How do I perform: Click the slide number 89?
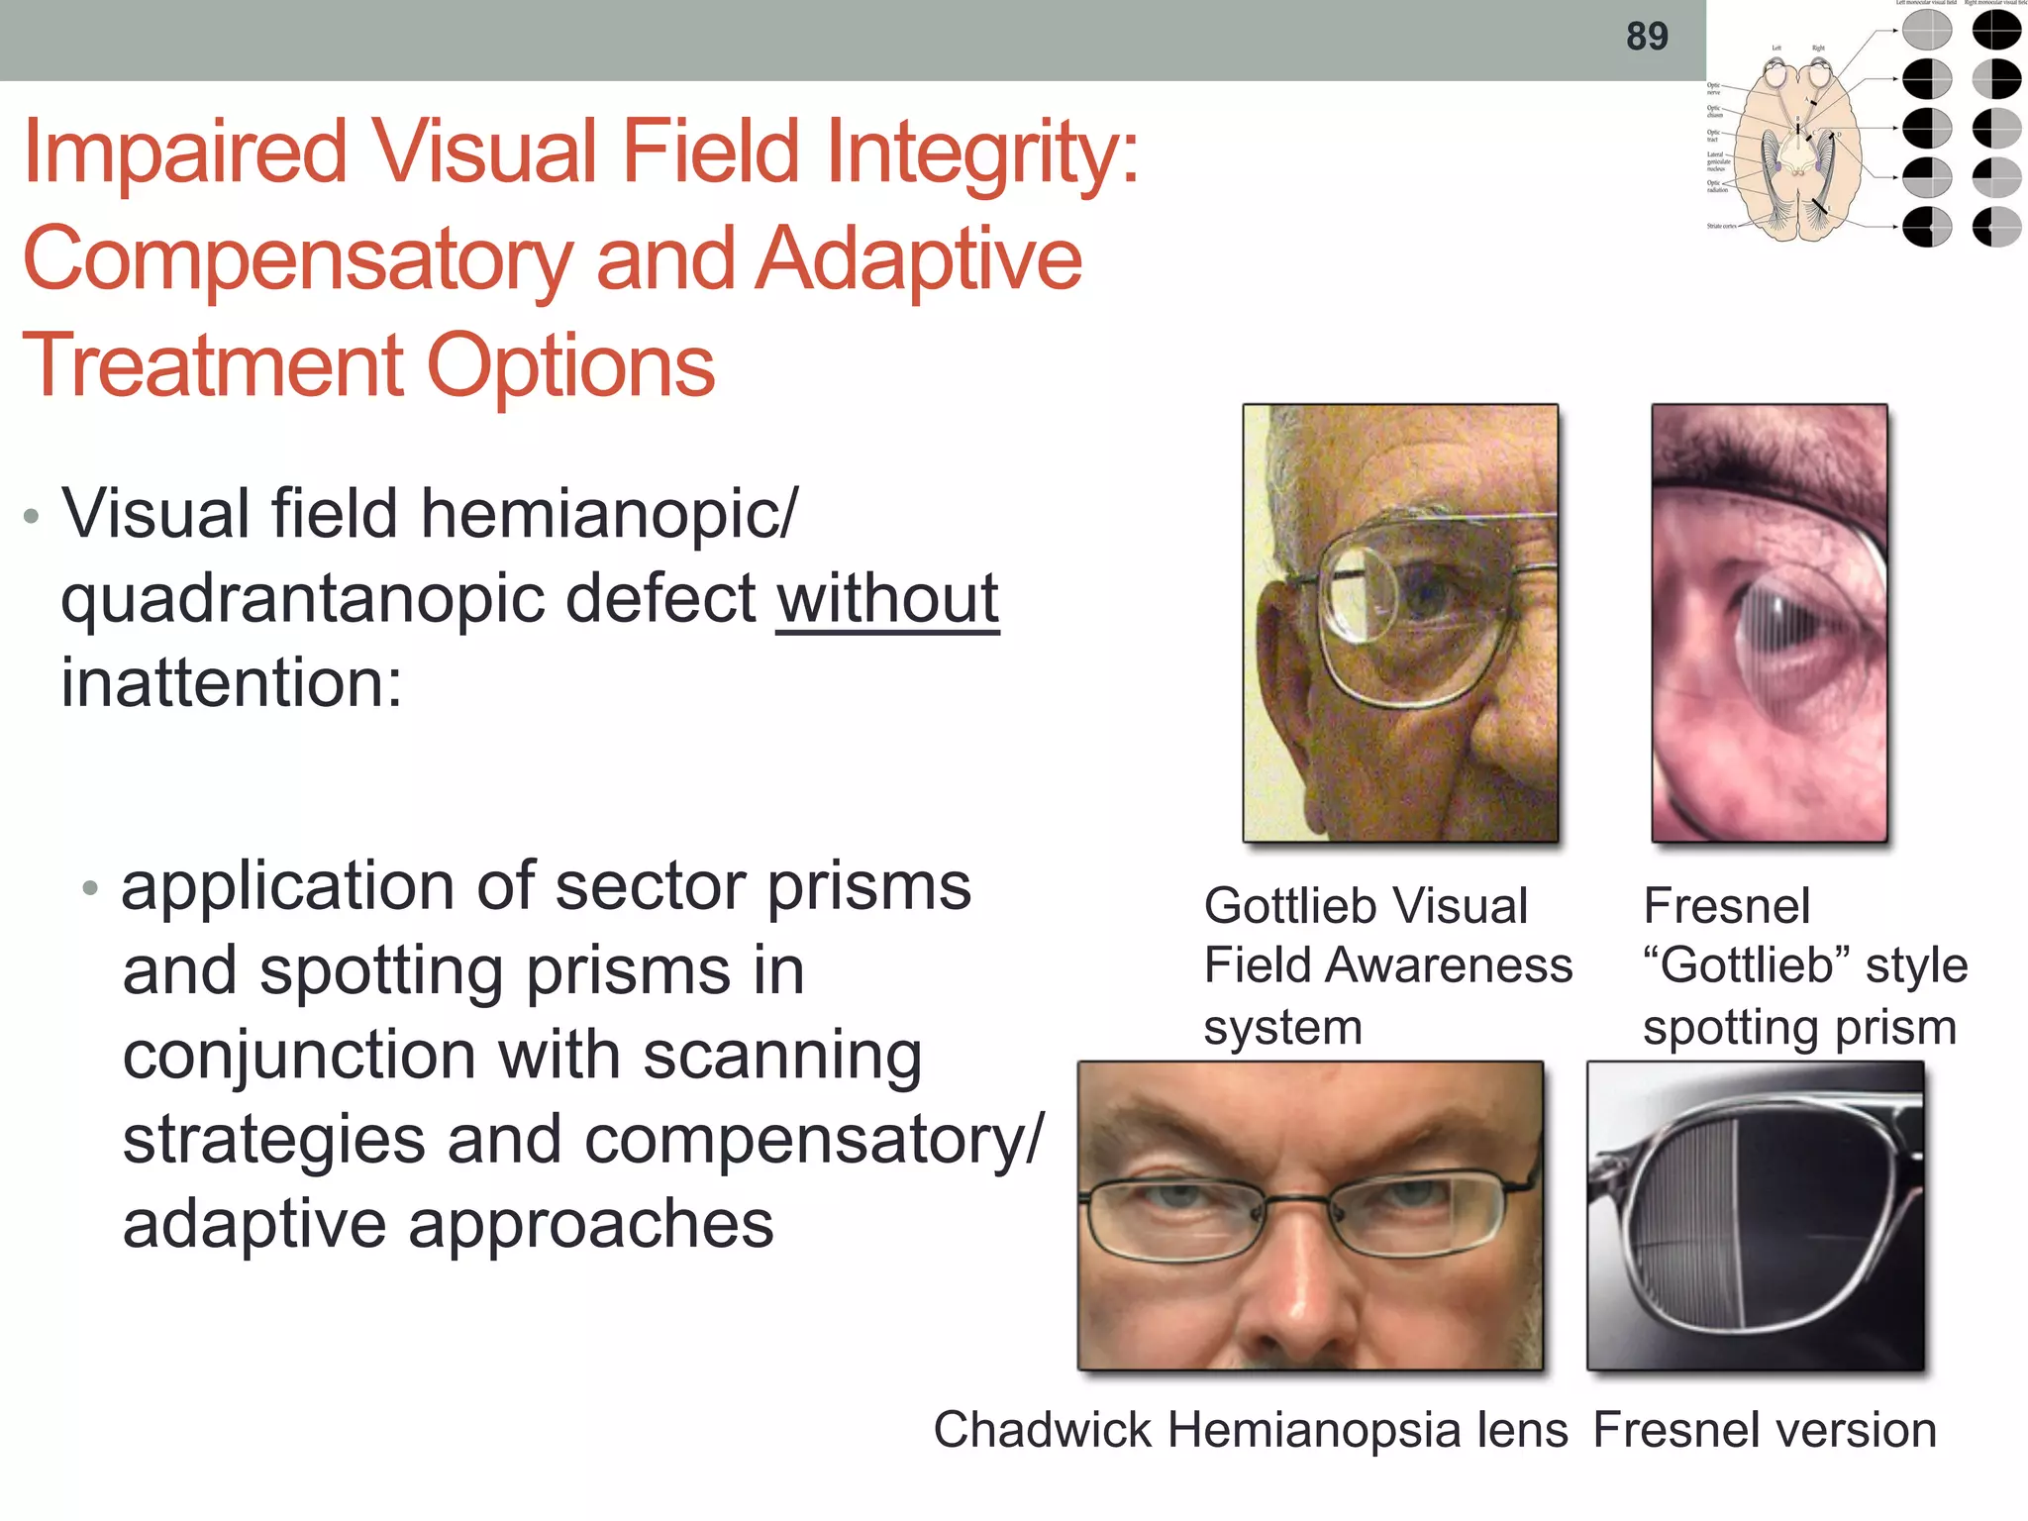pyautogui.click(x=1647, y=37)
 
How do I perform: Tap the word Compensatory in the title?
pyautogui.click(x=297, y=259)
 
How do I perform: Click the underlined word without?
pyautogui.click(x=887, y=599)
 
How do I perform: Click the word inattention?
pyautogui.click(x=232, y=683)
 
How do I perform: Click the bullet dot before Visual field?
pyautogui.click(x=32, y=516)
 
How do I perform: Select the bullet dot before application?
pyautogui.click(x=91, y=887)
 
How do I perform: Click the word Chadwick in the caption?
pyautogui.click(x=1043, y=1430)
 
